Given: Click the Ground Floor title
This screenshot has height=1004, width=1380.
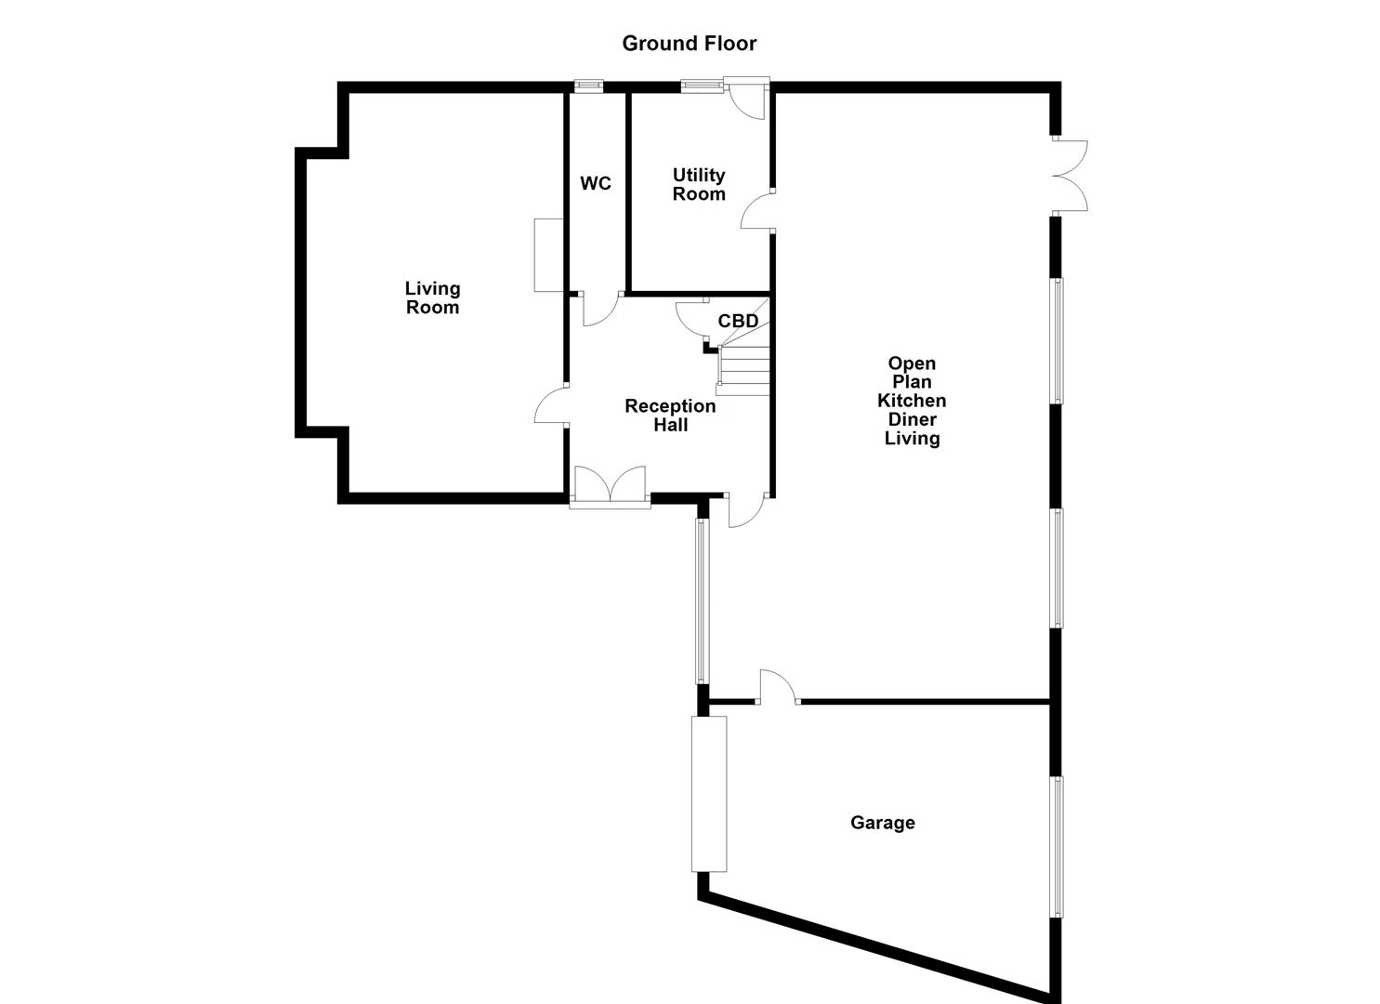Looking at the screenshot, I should (x=689, y=43).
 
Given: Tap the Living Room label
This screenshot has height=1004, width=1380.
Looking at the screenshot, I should (x=432, y=297).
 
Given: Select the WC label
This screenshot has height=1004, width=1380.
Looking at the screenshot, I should (x=596, y=183).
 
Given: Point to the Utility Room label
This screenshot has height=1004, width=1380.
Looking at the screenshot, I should (x=699, y=184).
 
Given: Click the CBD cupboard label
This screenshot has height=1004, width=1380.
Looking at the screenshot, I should (x=738, y=321).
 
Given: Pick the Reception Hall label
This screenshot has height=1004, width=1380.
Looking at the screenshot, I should (x=670, y=415).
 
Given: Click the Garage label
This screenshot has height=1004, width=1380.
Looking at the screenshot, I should (x=882, y=823).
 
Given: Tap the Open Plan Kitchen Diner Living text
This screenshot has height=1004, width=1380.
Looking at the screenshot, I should (x=912, y=401).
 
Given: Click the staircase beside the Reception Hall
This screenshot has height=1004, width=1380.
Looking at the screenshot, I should (x=743, y=369).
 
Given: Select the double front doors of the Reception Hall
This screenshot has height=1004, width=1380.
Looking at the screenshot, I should (x=610, y=486).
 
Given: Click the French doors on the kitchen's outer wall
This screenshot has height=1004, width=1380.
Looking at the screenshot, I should (x=1070, y=176).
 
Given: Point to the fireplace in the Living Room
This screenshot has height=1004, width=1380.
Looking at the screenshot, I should (x=548, y=255).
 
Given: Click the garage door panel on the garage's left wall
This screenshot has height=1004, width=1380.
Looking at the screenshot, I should (x=708, y=793).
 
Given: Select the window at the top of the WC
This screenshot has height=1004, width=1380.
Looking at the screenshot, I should (x=587, y=86).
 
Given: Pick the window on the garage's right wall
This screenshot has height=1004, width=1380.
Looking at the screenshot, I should (x=1057, y=846).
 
